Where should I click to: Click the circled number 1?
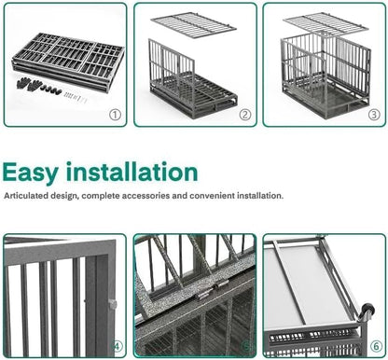[115, 115]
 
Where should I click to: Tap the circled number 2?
[244, 115]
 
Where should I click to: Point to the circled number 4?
[118, 348]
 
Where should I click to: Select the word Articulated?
[27, 197]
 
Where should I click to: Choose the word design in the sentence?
[67, 197]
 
